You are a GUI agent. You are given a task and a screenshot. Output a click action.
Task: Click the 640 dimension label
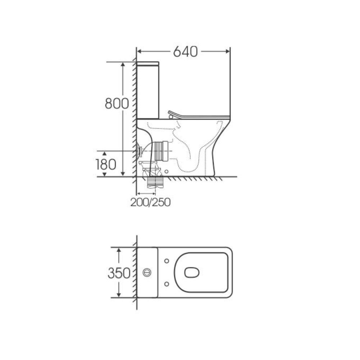coord(185,52)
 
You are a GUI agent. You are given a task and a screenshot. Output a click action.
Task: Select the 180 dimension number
coord(106,165)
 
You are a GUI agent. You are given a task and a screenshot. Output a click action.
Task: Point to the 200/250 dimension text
coord(150,202)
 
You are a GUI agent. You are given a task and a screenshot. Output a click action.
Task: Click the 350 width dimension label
coord(119,273)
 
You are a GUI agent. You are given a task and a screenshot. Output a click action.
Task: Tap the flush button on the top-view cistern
coord(147,273)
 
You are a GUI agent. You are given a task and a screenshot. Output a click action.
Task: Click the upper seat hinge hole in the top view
coord(167,261)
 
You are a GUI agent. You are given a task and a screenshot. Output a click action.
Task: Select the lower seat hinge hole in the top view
coord(167,284)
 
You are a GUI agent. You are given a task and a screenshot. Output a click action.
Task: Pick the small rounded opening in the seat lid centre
coord(192,273)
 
